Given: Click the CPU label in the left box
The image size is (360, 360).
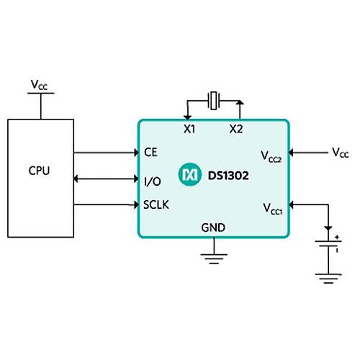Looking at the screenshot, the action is coord(39,171).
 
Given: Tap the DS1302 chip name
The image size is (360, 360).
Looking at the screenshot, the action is coord(228,176).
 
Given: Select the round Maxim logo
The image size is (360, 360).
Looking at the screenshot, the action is coord(190,174).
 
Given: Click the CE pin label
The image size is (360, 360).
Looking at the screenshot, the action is coord(150,152).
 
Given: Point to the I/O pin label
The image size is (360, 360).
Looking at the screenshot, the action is coord(153,181).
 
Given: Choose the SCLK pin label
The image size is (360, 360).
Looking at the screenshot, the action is coord(156,204).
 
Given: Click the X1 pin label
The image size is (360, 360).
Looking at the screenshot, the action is coord(189,129).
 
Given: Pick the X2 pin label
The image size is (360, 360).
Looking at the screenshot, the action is coord(236,129).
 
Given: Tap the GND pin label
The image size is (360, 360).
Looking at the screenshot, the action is coord(213,228).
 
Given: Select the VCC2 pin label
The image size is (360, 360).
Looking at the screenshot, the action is coord(271,156).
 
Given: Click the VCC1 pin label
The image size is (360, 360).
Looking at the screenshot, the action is coord(272,209).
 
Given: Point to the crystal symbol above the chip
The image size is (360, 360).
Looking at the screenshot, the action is coord(213,101).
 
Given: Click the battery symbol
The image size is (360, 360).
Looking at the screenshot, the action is coord(328,243).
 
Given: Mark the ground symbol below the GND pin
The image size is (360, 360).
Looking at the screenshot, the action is coord(214,258).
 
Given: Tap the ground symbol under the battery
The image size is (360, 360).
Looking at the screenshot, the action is coord(328,279).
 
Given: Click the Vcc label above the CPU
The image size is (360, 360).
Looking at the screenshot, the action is coord(39,85).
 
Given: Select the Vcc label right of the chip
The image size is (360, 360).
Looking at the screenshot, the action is coord(341,153).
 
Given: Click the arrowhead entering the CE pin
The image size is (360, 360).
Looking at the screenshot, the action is coord(136,153).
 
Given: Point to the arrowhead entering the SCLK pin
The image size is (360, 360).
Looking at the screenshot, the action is coord(136,204).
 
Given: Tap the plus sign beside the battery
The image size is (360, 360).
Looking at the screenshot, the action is coord(337,238).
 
